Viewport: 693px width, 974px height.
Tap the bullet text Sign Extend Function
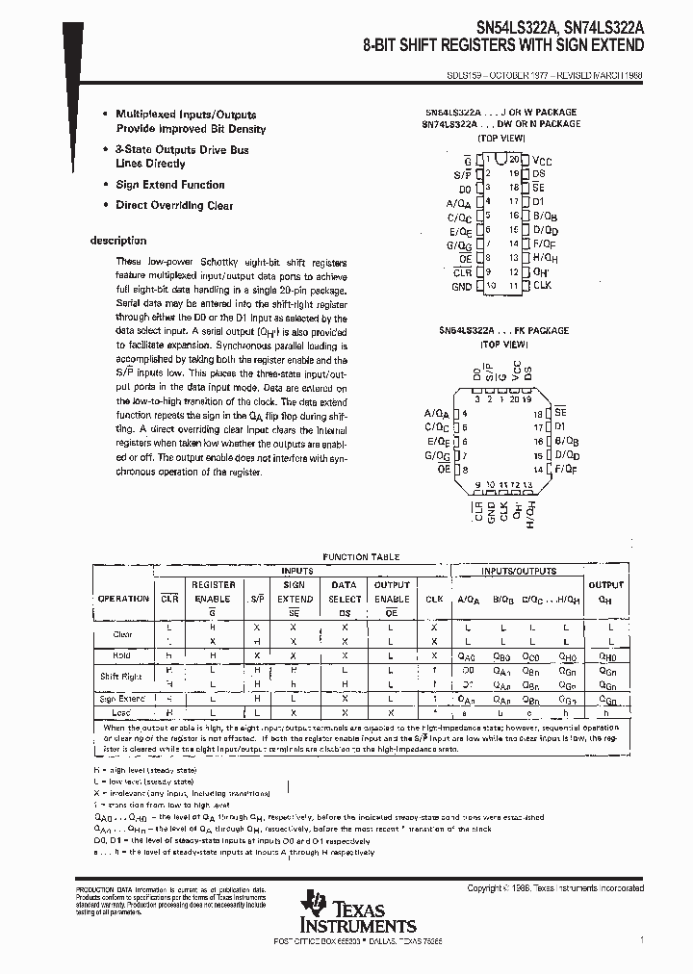(169, 185)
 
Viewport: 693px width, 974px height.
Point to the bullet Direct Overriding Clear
(174, 205)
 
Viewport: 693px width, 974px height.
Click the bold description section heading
(117, 241)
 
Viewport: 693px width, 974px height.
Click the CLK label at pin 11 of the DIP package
(542, 286)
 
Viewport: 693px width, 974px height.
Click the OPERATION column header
(124, 598)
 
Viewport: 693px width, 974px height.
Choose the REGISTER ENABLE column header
(213, 592)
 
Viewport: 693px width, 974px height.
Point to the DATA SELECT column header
(344, 592)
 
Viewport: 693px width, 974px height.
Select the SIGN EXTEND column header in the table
(295, 592)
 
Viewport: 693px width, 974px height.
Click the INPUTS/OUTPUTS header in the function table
(519, 571)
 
